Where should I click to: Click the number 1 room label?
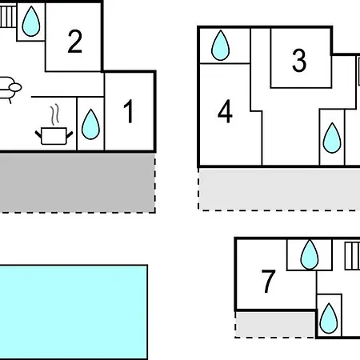point(129,111)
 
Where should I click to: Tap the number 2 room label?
point(75,42)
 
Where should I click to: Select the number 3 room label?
point(299,61)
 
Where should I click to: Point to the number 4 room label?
point(225,111)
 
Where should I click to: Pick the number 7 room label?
point(268,281)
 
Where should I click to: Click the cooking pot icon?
point(54,136)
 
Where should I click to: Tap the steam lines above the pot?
point(55,114)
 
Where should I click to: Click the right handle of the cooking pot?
point(70,134)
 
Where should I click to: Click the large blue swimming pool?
point(74,312)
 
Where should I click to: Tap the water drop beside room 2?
point(31,22)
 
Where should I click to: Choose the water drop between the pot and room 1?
point(90,124)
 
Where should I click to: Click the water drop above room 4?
point(220,46)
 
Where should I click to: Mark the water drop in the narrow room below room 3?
point(332,138)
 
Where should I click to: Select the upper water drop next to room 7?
point(310,254)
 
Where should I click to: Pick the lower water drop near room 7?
point(329,318)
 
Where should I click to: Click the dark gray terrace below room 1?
point(78,183)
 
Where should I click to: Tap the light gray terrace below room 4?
point(279,189)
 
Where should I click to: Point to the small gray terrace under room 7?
point(275,324)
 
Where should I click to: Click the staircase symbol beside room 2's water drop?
point(8,17)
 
